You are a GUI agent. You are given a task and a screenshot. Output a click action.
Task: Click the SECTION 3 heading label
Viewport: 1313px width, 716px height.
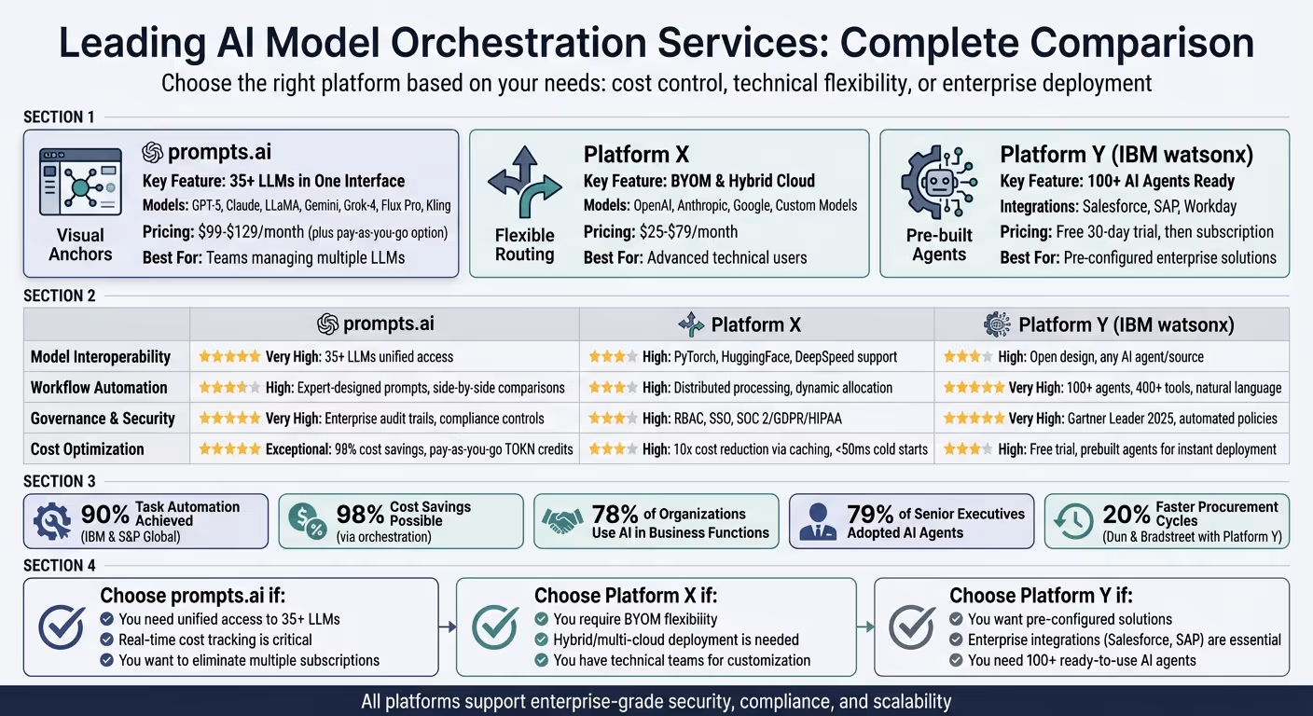(60, 481)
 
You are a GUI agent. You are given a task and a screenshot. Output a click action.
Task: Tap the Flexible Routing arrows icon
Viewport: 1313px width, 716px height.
(524, 183)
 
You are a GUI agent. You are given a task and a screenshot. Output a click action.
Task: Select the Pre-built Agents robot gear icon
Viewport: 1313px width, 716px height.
(938, 183)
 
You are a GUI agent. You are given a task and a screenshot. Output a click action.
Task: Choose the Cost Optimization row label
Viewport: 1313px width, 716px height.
(88, 448)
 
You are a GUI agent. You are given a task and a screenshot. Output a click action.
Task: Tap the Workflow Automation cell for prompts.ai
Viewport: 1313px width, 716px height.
(382, 387)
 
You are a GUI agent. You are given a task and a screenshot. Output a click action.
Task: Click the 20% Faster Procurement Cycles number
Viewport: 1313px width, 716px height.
(1126, 515)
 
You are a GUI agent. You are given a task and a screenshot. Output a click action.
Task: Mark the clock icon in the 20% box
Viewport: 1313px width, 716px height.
(1073, 522)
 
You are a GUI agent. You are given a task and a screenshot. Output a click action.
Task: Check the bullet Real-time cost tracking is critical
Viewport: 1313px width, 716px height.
(214, 640)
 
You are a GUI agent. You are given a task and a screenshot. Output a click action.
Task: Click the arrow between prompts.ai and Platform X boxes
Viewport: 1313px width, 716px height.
(447, 627)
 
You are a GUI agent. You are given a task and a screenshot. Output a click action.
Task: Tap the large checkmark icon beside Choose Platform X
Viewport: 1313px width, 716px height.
(495, 627)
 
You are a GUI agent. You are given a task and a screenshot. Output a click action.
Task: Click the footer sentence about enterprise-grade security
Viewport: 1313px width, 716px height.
(656, 701)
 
